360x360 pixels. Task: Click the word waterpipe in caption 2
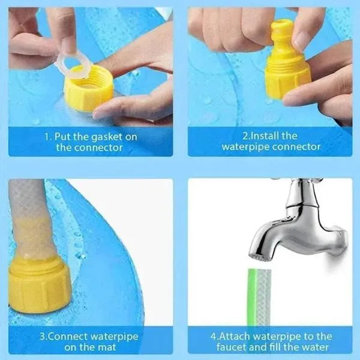pyautogui.click(x=247, y=147)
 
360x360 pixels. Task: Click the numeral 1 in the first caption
pyautogui.click(x=47, y=137)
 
